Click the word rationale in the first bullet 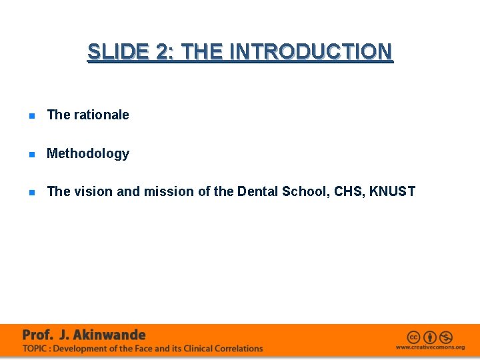[x=101, y=115]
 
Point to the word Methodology [x=87, y=153]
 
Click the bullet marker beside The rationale [x=31, y=115]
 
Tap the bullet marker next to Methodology [x=31, y=154]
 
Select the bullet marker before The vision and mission [x=31, y=192]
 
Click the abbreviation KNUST [x=392, y=192]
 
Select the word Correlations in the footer [x=237, y=348]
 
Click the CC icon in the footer [x=414, y=337]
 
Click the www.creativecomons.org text [x=430, y=347]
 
